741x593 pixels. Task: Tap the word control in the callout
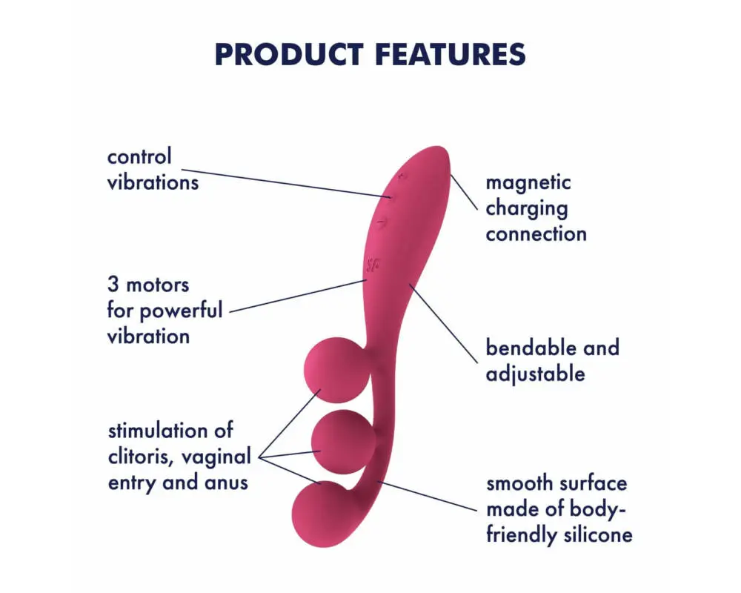tap(139, 156)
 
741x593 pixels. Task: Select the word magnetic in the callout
tap(528, 182)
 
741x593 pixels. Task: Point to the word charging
tap(526, 208)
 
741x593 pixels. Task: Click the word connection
tap(536, 234)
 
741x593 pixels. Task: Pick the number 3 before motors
tap(114, 285)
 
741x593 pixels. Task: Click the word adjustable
tap(535, 374)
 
